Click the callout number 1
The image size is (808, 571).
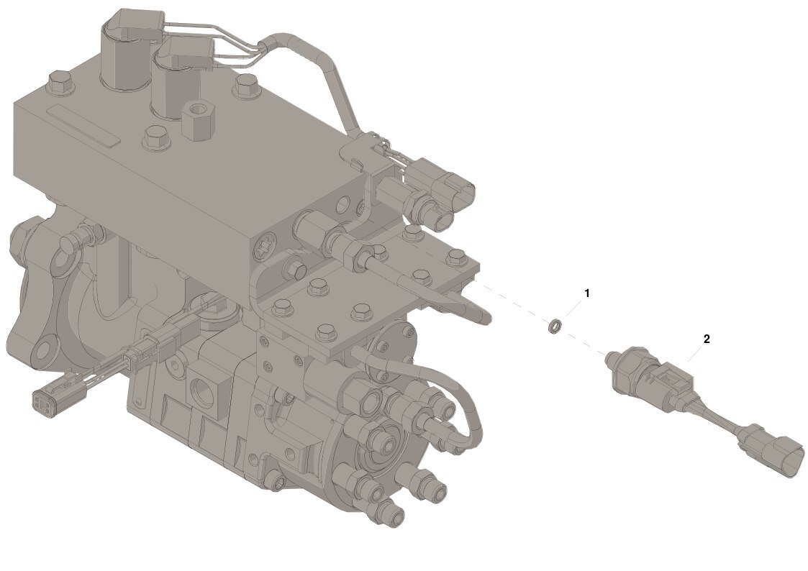[x=586, y=293]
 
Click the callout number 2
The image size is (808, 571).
[x=707, y=339]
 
